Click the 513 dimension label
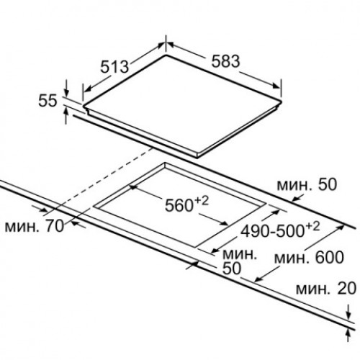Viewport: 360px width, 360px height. [x=114, y=66]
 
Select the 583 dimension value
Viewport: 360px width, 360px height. [x=225, y=61]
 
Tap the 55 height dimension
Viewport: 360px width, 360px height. [x=48, y=101]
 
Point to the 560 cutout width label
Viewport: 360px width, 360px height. [x=179, y=205]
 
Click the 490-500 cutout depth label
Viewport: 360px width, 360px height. [x=273, y=232]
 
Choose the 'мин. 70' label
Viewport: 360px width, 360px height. [x=35, y=226]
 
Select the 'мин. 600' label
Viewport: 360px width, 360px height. [x=309, y=258]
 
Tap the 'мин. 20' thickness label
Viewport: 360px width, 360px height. [x=326, y=289]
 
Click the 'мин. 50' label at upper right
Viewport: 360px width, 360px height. [x=307, y=185]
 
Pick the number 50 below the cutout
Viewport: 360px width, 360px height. [x=232, y=269]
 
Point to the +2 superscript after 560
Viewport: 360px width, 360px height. [x=202, y=200]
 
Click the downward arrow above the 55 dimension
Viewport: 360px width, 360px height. [x=66, y=88]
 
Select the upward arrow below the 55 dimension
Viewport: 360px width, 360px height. [x=66, y=116]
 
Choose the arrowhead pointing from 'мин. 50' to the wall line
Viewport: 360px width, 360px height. [x=296, y=198]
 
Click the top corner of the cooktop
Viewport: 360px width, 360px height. [x=166, y=55]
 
